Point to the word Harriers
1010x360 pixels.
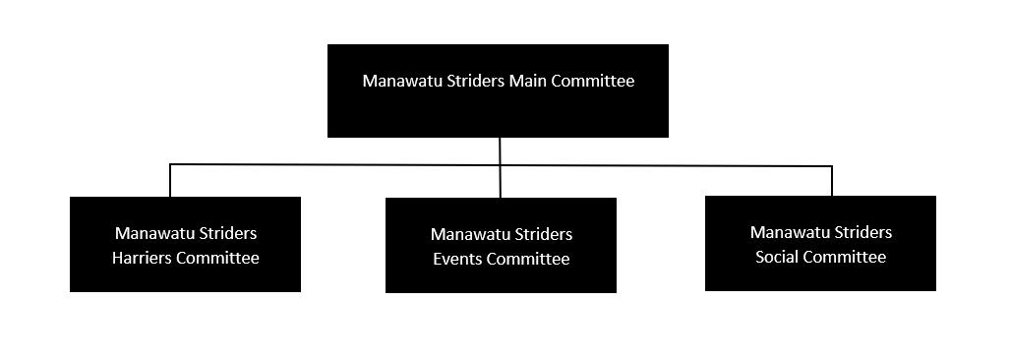[x=145, y=259]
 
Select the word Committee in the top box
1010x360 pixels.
[x=592, y=81]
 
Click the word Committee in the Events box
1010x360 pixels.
[x=528, y=260]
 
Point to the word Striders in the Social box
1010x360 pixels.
[x=861, y=233]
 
